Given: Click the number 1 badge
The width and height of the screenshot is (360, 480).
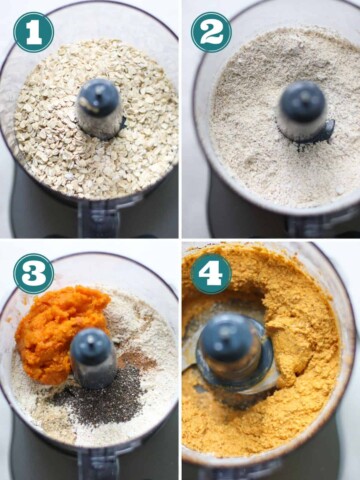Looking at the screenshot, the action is click(x=33, y=32).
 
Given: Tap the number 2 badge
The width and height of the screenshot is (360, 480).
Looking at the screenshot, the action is click(x=211, y=32).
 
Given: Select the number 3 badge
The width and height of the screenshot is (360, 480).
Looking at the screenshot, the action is click(x=33, y=274).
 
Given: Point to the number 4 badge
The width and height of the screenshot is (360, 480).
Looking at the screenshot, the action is click(x=211, y=274).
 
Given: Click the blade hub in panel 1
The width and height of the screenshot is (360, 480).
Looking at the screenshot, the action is click(x=98, y=107).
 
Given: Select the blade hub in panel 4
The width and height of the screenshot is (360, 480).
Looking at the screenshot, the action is click(x=231, y=347).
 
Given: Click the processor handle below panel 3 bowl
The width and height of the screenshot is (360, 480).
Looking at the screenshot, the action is click(x=98, y=462).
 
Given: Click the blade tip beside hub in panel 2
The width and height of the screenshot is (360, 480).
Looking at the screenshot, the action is click(x=328, y=129).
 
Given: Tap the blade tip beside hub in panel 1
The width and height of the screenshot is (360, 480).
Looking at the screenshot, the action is click(x=122, y=124).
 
